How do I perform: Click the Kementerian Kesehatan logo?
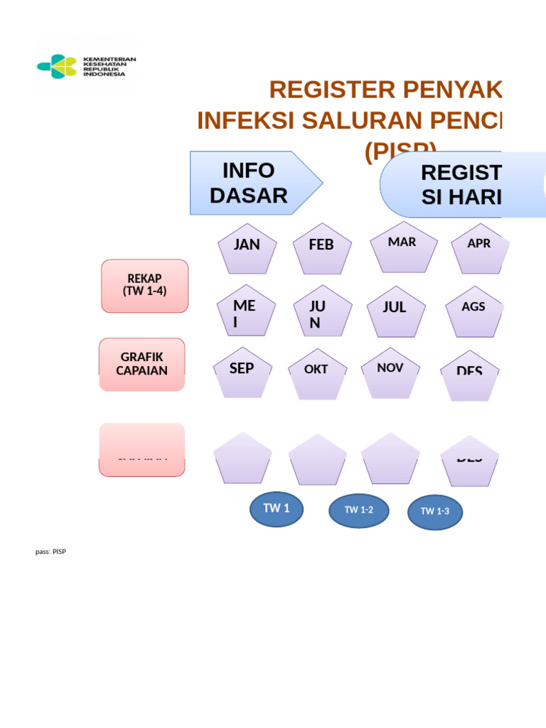pos(85,66)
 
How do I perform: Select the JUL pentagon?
pos(395,311)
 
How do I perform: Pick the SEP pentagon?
pos(242,374)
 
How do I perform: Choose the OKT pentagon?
pos(317,374)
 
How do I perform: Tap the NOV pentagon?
pos(390,373)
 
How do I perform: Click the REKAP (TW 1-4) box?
pos(145,286)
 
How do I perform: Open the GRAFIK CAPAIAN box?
pos(142,364)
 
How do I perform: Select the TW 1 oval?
pos(277,508)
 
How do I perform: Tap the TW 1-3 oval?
pos(434,512)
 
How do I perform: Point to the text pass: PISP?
pos(50,552)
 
